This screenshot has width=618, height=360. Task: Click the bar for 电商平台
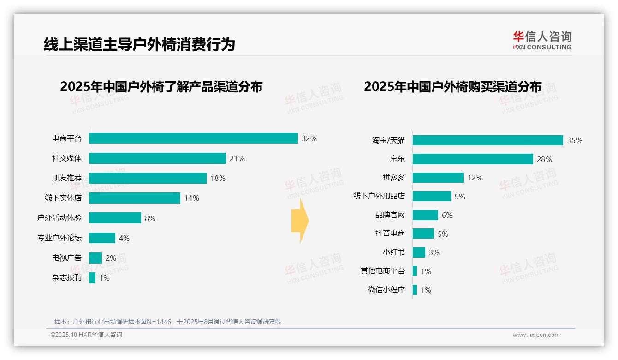(193, 138)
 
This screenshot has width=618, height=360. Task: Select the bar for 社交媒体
(157, 158)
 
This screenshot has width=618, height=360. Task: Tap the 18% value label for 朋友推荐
(218, 178)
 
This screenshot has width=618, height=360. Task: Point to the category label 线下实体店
(63, 198)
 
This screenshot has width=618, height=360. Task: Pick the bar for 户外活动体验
(115, 218)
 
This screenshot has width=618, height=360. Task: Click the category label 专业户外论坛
(59, 238)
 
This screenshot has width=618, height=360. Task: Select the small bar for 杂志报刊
(92, 278)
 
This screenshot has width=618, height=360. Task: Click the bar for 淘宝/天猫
(487, 140)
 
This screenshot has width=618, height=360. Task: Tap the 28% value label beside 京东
(544, 159)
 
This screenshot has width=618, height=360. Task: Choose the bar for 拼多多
(438, 178)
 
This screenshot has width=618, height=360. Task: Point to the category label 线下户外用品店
(379, 196)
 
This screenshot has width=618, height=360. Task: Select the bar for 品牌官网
(425, 215)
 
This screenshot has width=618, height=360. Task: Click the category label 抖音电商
(390, 234)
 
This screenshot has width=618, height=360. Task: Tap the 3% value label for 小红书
(434, 252)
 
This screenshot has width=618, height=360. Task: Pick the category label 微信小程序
(386, 290)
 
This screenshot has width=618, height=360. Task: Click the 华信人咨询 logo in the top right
(542, 40)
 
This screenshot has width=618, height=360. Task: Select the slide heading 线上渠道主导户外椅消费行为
(139, 44)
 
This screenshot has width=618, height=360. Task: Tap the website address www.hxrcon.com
(536, 335)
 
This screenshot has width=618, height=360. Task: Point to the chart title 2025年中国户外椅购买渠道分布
(452, 87)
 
